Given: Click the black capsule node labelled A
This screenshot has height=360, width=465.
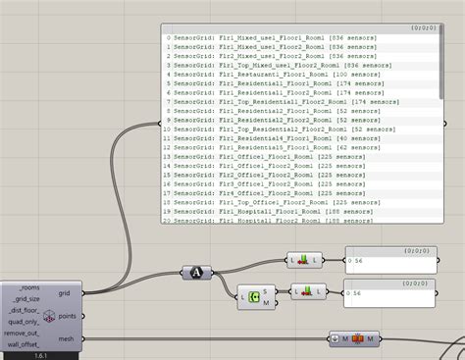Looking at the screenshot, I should coord(194,273).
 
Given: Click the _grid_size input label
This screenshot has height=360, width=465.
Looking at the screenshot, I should coord(26,297).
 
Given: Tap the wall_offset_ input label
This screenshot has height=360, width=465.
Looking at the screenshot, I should coord(25,344).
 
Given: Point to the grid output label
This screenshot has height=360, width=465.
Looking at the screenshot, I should coord(64,292).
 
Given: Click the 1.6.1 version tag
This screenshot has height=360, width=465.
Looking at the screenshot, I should coord(41,355).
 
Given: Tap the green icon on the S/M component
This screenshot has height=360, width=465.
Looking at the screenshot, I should coord(255,295).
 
